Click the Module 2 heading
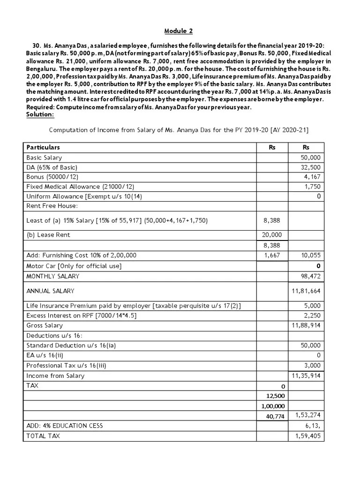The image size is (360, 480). coord(178,31)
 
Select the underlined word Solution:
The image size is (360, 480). coord(40,114)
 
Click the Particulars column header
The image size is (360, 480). coord(43,147)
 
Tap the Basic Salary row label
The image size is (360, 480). coord(44,158)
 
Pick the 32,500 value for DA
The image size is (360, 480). coord(310,167)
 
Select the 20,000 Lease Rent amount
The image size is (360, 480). coord(272,235)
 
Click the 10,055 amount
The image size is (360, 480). coord(310,255)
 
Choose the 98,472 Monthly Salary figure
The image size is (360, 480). coord(310,276)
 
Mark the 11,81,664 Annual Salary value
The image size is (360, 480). coord(306,291)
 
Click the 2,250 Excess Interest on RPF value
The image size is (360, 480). coord(312,315)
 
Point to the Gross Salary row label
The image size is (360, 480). coord(45,325)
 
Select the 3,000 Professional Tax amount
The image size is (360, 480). coord(312,366)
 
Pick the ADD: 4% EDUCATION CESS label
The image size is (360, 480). coord(65,426)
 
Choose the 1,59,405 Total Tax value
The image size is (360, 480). coord(307,436)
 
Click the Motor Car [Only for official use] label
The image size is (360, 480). coord(74,266)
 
